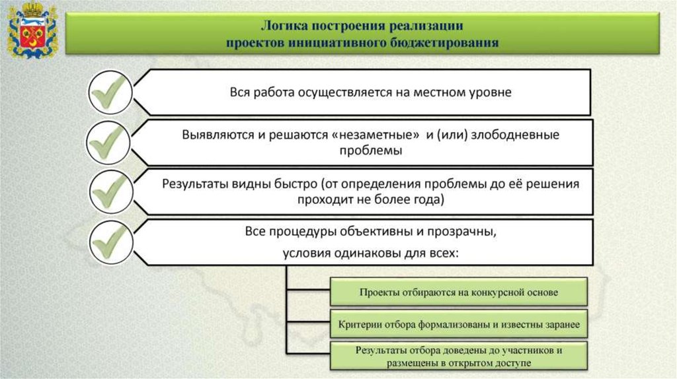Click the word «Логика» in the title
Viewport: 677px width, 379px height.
284,26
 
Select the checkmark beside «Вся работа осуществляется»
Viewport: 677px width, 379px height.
110,92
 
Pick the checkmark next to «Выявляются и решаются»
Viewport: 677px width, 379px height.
108,142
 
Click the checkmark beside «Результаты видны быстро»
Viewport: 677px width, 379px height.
110,191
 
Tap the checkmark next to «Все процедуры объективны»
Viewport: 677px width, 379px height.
111,242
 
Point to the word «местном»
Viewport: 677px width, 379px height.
435,92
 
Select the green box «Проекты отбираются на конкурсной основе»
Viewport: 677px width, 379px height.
459,292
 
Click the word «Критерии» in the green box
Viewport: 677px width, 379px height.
356,325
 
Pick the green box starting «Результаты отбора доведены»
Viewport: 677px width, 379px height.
459,356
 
